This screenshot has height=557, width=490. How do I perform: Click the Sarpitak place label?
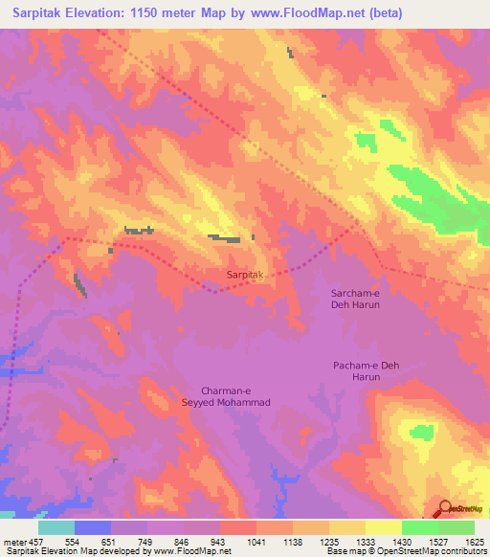tap(244, 275)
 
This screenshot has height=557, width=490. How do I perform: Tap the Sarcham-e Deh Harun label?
tap(355, 299)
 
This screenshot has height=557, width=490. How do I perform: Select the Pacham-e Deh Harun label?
tap(356, 371)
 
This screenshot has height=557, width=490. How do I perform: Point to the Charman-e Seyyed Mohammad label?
tap(235, 396)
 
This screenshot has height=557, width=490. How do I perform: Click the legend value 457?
tap(37, 542)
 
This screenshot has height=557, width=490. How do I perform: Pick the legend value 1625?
tap(475, 542)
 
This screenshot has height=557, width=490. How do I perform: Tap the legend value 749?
tap(147, 542)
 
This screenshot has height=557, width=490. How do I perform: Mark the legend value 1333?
tap(366, 542)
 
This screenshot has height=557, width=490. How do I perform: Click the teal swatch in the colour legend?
tap(56, 527)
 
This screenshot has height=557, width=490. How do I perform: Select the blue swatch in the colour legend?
tap(92, 527)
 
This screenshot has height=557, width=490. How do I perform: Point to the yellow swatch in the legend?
tap(383, 527)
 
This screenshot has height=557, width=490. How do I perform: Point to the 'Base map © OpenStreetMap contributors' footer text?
tap(406, 551)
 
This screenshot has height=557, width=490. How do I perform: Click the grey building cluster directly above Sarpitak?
tap(226, 237)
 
